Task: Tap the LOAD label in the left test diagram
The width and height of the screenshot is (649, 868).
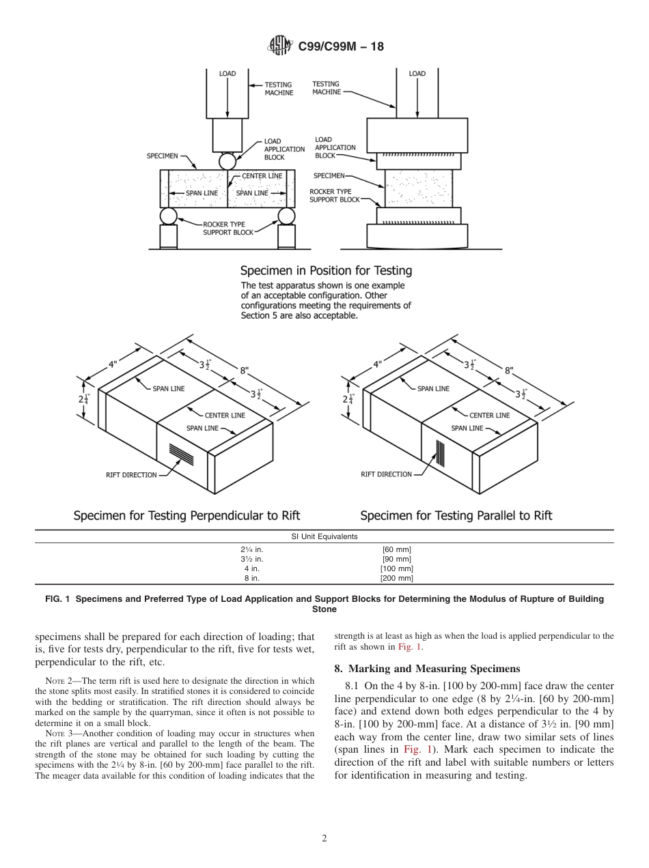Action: pos(227,74)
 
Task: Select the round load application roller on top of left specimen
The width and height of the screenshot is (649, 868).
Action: pos(227,161)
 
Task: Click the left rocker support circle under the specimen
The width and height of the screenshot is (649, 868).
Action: pos(168,216)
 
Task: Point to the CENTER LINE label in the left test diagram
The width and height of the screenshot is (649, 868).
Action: pos(262,176)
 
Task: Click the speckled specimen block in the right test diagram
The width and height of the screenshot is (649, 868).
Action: pos(418,188)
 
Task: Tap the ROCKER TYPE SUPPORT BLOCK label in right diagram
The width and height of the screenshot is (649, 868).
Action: pos(335,196)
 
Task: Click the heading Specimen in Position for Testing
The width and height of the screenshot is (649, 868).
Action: pos(326,270)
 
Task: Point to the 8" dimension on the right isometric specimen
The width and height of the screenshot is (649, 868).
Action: pos(509,371)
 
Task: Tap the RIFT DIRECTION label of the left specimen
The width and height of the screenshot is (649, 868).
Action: pos(131,475)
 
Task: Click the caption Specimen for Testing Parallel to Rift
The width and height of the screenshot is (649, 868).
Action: pos(456,515)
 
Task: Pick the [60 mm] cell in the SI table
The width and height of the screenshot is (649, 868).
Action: pos(396,549)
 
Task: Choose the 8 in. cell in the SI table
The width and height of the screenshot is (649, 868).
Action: pos(251,578)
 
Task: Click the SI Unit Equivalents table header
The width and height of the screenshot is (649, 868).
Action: pos(324,536)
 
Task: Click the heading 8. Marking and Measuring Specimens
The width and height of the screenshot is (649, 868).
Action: pos(427,669)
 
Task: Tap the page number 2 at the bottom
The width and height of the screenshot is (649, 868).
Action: pos(324,839)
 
